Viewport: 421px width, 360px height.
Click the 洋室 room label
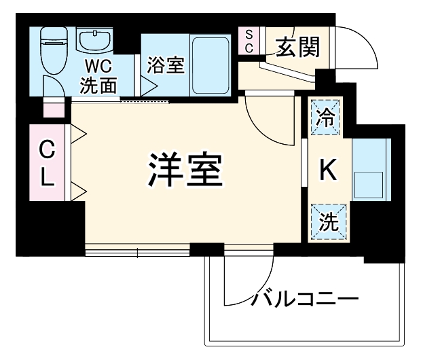(185, 170)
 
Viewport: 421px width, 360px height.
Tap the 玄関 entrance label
(297, 47)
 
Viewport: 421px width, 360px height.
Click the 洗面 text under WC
(98, 86)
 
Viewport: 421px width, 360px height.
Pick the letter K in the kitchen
(327, 170)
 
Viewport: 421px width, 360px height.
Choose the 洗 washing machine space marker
(327, 221)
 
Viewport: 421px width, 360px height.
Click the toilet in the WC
(52, 51)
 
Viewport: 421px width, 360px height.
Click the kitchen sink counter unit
(370, 170)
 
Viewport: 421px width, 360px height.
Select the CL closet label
(45, 162)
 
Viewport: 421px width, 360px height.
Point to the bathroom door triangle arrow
(149, 86)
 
